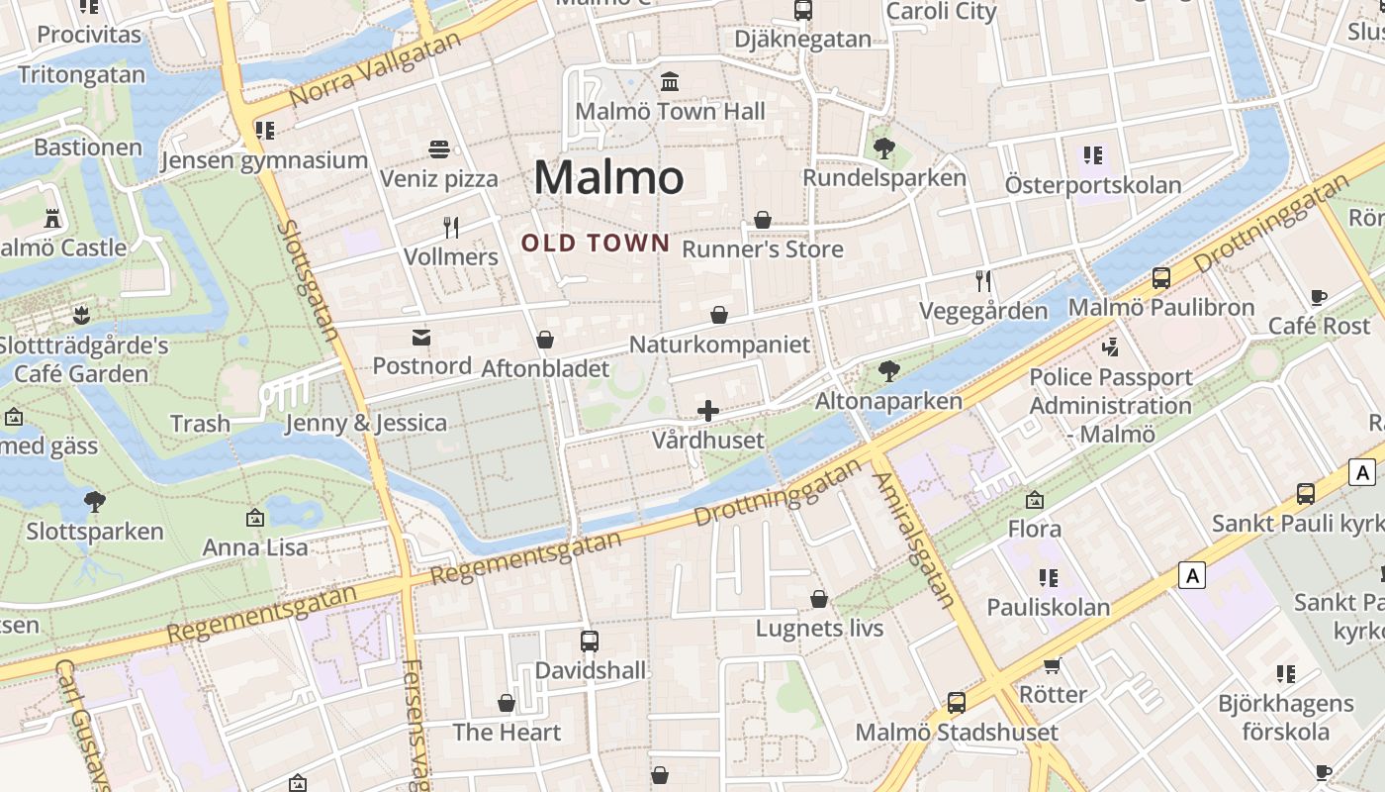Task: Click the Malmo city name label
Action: coord(608,178)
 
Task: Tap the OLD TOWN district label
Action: coord(596,243)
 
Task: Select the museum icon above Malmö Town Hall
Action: coord(670,81)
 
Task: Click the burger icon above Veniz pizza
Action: coord(440,149)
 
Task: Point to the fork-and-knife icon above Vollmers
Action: coord(451,228)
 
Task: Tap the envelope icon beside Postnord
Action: coord(421,338)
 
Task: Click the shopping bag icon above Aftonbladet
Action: coord(544,341)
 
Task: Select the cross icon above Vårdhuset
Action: coord(708,411)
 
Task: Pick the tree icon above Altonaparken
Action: coord(888,371)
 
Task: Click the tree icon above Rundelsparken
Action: coord(884,148)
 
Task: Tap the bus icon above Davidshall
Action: coord(590,641)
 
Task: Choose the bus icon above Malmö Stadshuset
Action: coord(956,703)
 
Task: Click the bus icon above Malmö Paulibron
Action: coord(1161,278)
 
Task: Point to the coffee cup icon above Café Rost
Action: coord(1319,297)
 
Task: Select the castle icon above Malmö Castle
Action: coord(53,218)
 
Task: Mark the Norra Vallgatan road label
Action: coord(376,71)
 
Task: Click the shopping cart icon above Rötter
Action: coord(1052,665)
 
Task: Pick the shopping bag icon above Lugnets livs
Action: coord(819,599)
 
